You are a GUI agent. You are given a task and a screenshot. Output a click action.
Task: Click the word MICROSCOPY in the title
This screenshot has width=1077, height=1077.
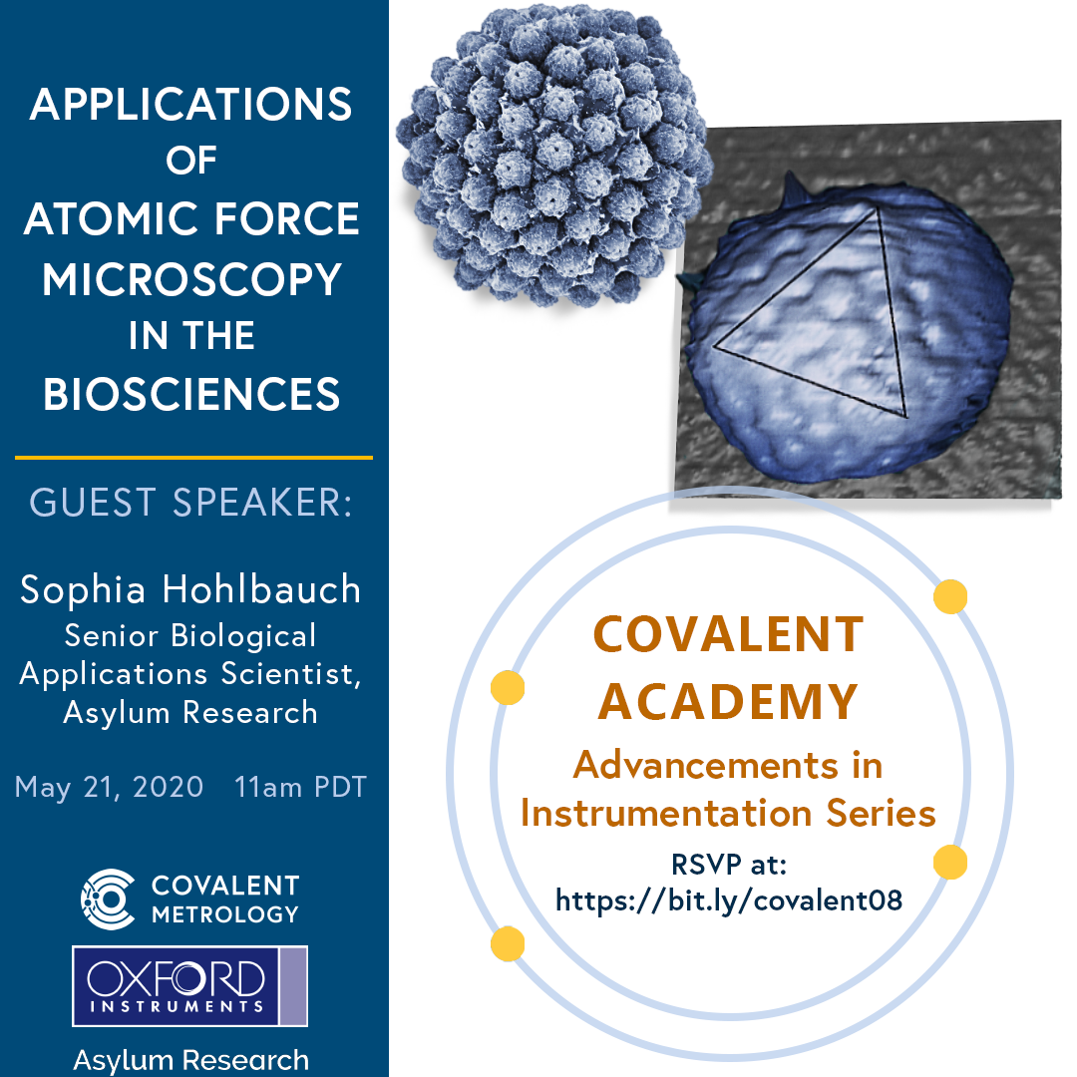tap(192, 279)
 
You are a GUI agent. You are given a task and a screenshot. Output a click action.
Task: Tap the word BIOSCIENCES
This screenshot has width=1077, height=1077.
tap(192, 395)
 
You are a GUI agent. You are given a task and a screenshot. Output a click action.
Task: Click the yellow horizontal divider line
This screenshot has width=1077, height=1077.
tap(193, 458)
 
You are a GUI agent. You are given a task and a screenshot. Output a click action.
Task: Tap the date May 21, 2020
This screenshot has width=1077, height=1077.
tap(109, 787)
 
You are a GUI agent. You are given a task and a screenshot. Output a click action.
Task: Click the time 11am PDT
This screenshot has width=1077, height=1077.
tap(300, 787)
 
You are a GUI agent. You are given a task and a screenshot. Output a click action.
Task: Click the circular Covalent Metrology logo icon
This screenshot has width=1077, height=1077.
tap(108, 897)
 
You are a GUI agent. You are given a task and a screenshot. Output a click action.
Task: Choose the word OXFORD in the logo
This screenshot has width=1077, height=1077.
tap(176, 979)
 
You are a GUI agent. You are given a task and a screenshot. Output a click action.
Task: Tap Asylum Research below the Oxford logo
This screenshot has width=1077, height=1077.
tap(190, 1059)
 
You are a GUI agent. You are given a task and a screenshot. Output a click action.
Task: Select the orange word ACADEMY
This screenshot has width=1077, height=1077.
tap(728, 700)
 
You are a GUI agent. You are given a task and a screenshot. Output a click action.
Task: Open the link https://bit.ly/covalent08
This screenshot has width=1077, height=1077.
tap(728, 900)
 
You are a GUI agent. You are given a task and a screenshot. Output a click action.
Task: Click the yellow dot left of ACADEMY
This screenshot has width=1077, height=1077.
tap(508, 687)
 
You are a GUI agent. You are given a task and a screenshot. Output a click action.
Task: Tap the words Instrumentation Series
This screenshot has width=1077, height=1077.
tap(728, 814)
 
